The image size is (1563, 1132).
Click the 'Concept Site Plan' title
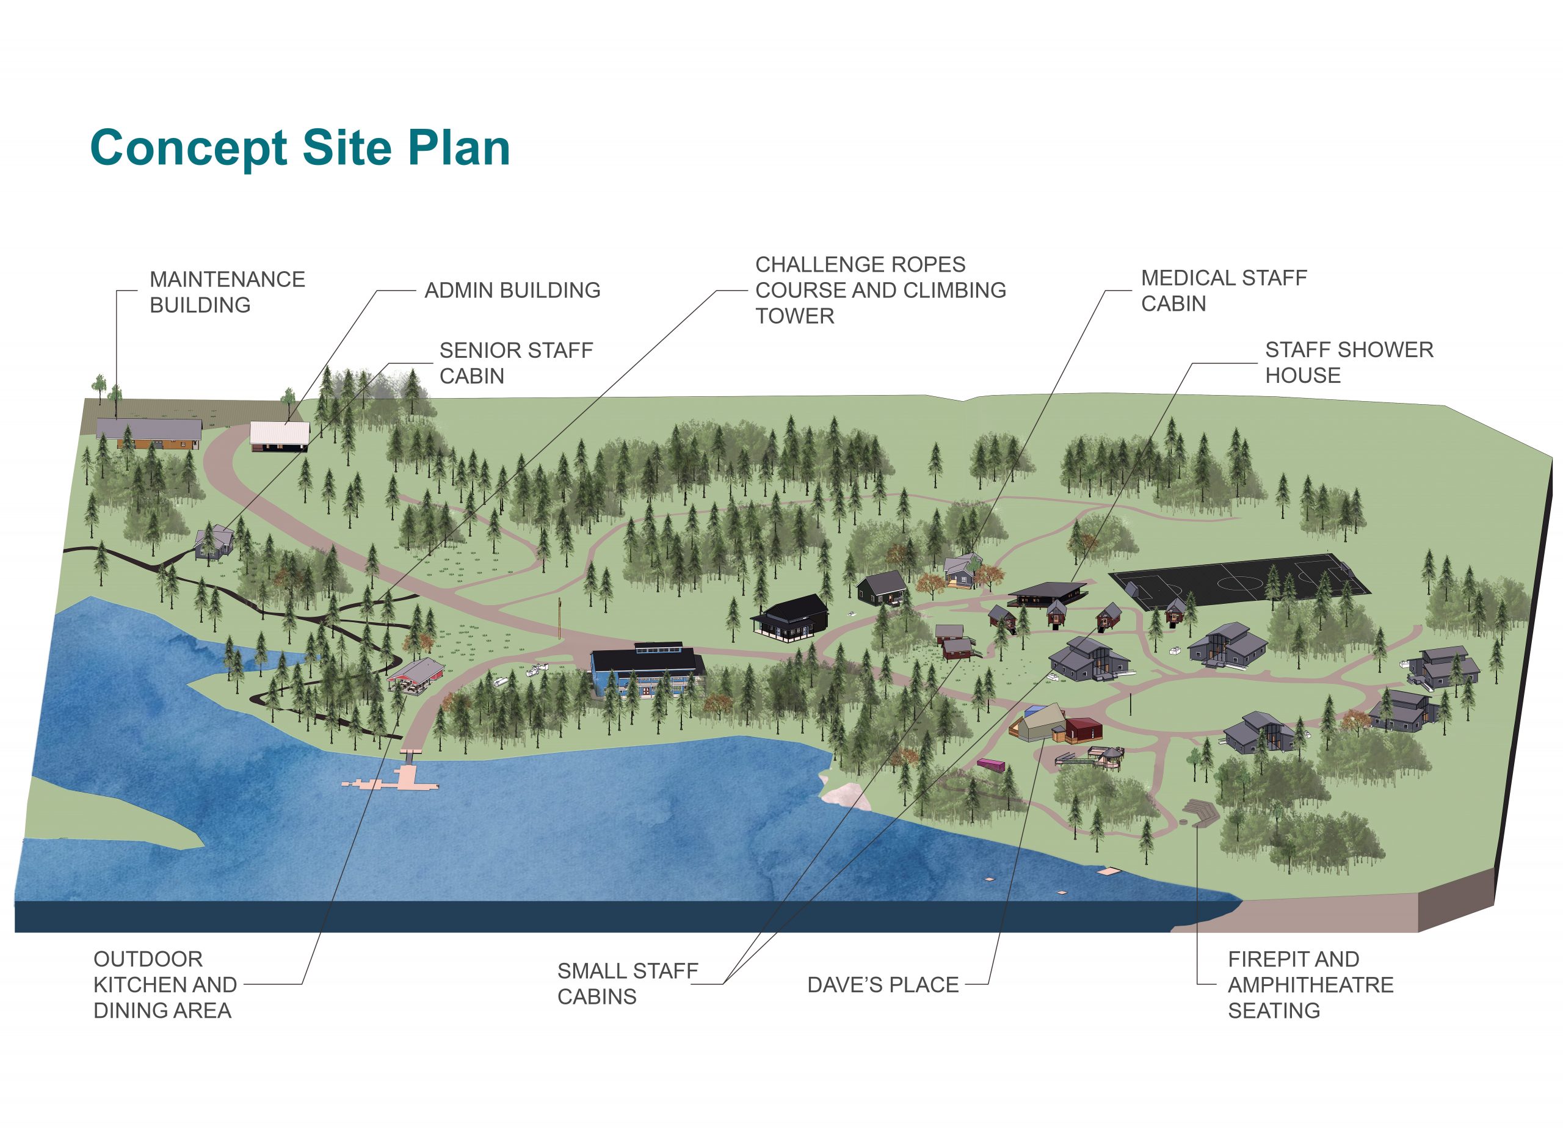tap(300, 148)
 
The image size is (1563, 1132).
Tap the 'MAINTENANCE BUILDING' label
tap(227, 292)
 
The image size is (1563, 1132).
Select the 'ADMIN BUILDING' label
tap(512, 290)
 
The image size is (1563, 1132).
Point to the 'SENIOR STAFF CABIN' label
tap(516, 363)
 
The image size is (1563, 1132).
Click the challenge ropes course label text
tap(881, 290)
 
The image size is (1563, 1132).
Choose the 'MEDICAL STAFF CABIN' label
tap(1224, 291)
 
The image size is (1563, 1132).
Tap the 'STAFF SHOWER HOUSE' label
tap(1349, 363)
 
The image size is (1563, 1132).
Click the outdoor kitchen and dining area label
tap(165, 985)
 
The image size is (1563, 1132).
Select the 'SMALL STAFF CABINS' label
tap(628, 983)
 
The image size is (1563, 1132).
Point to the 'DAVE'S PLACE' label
tap(883, 985)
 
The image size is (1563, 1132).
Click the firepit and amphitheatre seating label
tap(1310, 985)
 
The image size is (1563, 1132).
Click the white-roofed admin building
tap(279, 437)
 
